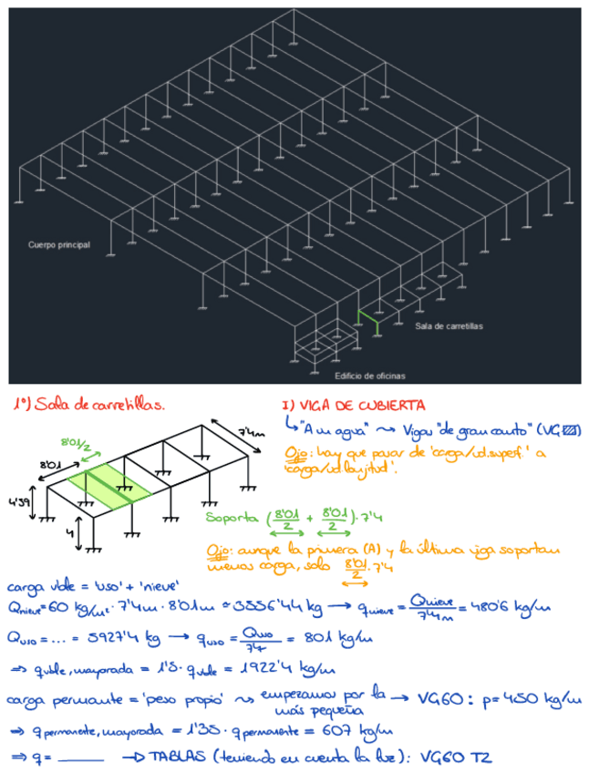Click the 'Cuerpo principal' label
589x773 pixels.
coord(59,245)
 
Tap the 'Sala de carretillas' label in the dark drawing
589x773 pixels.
coord(449,325)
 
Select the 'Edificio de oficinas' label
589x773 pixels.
coord(369,376)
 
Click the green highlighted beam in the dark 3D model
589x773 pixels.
coord(368,319)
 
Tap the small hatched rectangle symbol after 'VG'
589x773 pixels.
coord(571,429)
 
